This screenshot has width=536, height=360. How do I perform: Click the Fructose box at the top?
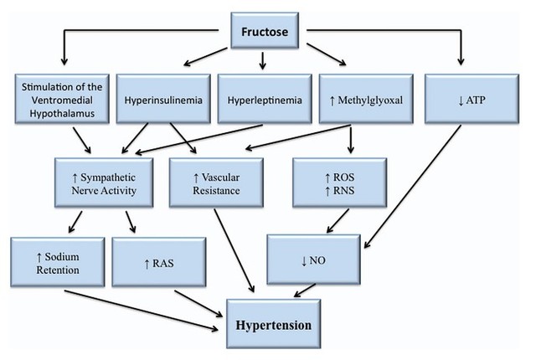click(x=265, y=30)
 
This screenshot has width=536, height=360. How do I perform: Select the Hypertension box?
click(x=274, y=324)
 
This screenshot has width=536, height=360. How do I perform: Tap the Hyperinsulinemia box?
click(x=163, y=99)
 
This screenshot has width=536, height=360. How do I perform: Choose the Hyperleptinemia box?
click(x=265, y=99)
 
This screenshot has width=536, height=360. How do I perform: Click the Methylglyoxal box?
click(x=366, y=99)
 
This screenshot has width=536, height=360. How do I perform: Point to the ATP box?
click(x=472, y=99)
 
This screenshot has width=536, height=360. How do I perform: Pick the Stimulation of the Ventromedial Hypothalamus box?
click(x=62, y=99)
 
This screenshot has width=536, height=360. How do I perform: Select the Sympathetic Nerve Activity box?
click(x=104, y=183)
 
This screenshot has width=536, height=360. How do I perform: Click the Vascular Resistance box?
click(x=216, y=183)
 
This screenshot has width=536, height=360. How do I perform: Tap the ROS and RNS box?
click(x=340, y=183)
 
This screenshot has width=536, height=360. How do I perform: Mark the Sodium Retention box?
click(x=58, y=262)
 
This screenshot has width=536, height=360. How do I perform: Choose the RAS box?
click(x=159, y=262)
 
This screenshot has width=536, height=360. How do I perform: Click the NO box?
click(x=313, y=260)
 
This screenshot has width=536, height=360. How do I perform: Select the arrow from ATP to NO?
click(x=413, y=187)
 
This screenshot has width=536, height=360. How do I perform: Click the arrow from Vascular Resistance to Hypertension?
click(x=234, y=250)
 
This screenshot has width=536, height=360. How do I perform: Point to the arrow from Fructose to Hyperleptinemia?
click(x=262, y=61)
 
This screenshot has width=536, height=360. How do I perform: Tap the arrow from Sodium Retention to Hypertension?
click(x=142, y=311)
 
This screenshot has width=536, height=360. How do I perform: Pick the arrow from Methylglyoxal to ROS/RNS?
click(x=351, y=139)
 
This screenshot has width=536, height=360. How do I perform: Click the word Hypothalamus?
click(x=62, y=113)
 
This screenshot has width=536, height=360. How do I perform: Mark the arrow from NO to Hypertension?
click(x=305, y=291)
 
